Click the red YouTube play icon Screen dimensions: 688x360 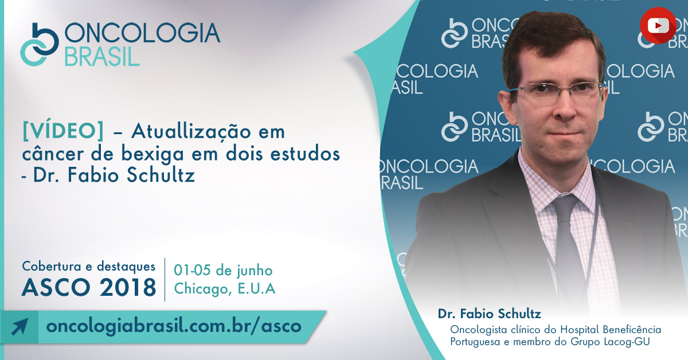(658, 25)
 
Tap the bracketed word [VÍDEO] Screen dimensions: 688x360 (63, 131)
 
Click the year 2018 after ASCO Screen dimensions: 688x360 (128, 288)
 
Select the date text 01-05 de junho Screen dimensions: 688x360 (223, 271)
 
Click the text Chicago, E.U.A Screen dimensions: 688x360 (225, 289)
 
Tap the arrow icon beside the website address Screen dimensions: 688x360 (19, 327)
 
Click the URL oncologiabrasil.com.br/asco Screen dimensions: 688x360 (174, 326)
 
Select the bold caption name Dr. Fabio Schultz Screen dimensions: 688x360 (489, 314)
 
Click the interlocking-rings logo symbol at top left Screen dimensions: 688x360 (40, 45)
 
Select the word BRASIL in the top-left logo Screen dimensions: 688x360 (102, 57)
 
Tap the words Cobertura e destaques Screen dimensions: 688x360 (88, 267)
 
